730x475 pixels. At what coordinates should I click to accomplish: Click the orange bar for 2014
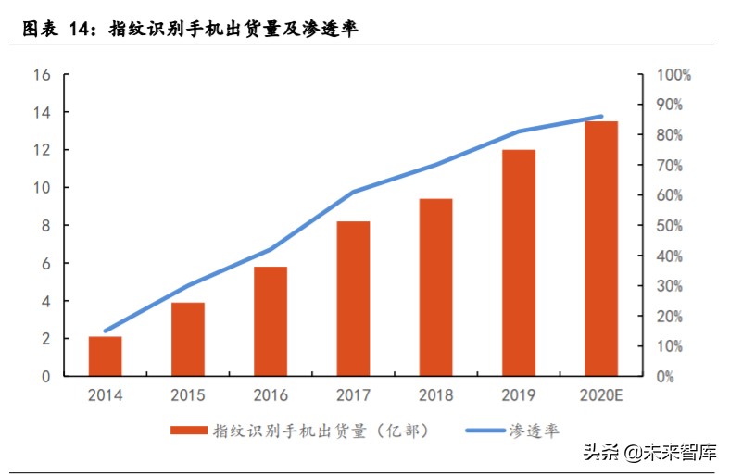(106, 356)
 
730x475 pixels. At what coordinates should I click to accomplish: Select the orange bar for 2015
(188, 339)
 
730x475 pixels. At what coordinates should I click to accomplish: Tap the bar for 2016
(271, 321)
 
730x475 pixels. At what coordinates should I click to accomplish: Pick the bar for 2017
(353, 298)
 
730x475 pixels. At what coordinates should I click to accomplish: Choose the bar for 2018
(435, 287)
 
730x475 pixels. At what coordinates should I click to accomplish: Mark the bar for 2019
(519, 263)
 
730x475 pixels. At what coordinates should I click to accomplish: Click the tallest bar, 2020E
(600, 248)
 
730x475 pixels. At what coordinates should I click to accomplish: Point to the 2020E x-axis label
(600, 395)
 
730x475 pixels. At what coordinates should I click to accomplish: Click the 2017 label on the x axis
(353, 395)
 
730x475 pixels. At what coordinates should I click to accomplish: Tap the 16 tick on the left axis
(42, 74)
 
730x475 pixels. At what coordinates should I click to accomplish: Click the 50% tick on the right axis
(669, 226)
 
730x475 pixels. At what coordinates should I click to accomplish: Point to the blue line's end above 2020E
(601, 117)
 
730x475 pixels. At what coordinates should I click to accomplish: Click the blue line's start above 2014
(106, 331)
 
